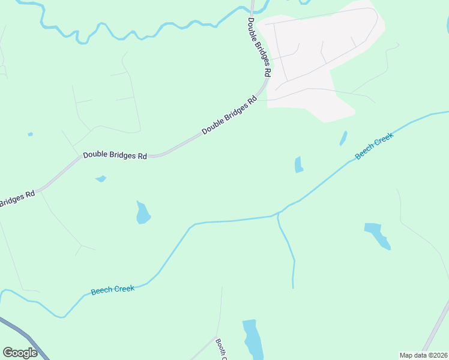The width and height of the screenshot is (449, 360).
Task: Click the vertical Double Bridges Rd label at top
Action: (x=260, y=46)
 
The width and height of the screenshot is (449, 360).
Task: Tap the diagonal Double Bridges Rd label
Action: (x=229, y=115)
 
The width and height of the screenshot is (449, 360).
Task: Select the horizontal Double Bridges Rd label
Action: (x=115, y=155)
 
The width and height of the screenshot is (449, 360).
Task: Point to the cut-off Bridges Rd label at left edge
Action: (x=17, y=199)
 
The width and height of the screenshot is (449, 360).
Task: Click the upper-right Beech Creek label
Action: (x=374, y=146)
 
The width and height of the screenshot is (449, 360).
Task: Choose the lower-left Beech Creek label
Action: (x=112, y=290)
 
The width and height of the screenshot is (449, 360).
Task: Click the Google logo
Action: (x=20, y=352)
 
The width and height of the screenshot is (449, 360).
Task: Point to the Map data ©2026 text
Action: (x=423, y=355)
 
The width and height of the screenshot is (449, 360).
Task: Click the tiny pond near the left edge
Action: (x=30, y=134)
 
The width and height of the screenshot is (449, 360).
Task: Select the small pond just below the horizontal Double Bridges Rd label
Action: (x=101, y=179)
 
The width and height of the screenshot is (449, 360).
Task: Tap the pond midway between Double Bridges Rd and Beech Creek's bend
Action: (x=143, y=214)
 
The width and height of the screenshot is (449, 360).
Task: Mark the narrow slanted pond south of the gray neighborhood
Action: (x=343, y=139)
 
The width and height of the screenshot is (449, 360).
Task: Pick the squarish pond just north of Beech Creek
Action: (x=299, y=164)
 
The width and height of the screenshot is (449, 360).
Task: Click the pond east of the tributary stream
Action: (x=378, y=234)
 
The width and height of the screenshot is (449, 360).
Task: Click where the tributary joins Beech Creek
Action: (x=278, y=214)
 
